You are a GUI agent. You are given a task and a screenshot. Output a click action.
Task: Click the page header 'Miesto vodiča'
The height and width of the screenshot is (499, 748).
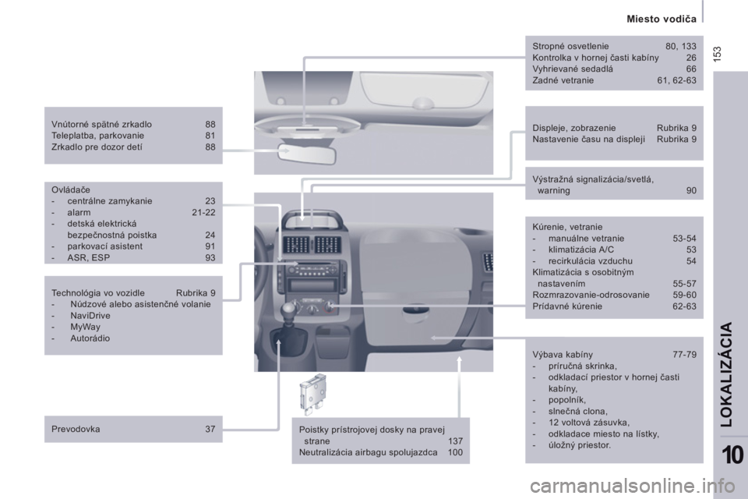point(662,19)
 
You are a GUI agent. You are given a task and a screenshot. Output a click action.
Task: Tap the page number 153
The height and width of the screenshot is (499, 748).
point(718,53)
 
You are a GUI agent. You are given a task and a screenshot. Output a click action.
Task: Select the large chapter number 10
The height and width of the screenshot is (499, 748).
point(732,455)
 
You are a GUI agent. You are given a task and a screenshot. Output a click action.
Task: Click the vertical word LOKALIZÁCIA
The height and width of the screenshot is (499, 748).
point(726,374)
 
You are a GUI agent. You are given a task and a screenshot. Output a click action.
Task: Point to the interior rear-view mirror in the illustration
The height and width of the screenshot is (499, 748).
point(308,154)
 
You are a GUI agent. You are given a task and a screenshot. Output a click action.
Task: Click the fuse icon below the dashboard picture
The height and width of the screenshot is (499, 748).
point(312,394)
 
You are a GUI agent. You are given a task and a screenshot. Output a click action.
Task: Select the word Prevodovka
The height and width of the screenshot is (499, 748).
point(76,429)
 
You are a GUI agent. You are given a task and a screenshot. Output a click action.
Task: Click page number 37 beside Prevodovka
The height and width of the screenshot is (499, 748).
point(210,429)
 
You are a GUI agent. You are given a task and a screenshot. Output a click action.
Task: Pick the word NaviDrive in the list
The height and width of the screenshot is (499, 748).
point(90,316)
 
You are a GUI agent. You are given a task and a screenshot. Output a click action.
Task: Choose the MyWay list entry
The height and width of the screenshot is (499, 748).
point(86,327)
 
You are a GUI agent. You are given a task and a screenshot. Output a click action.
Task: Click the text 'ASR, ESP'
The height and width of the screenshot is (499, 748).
point(89,258)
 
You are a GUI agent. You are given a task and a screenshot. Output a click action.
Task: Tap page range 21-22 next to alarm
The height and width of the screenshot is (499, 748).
point(203,213)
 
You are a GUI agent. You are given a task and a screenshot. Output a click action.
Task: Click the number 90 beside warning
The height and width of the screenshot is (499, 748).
point(691,190)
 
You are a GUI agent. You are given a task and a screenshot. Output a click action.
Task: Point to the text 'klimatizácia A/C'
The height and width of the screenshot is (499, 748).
point(581,249)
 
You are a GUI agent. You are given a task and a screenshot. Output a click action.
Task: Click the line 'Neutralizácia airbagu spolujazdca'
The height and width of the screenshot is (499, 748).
point(369,452)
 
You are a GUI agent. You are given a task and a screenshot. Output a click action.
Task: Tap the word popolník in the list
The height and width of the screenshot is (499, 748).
point(567,400)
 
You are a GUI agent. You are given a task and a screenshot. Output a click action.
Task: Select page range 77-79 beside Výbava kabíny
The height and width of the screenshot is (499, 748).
point(685,354)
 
